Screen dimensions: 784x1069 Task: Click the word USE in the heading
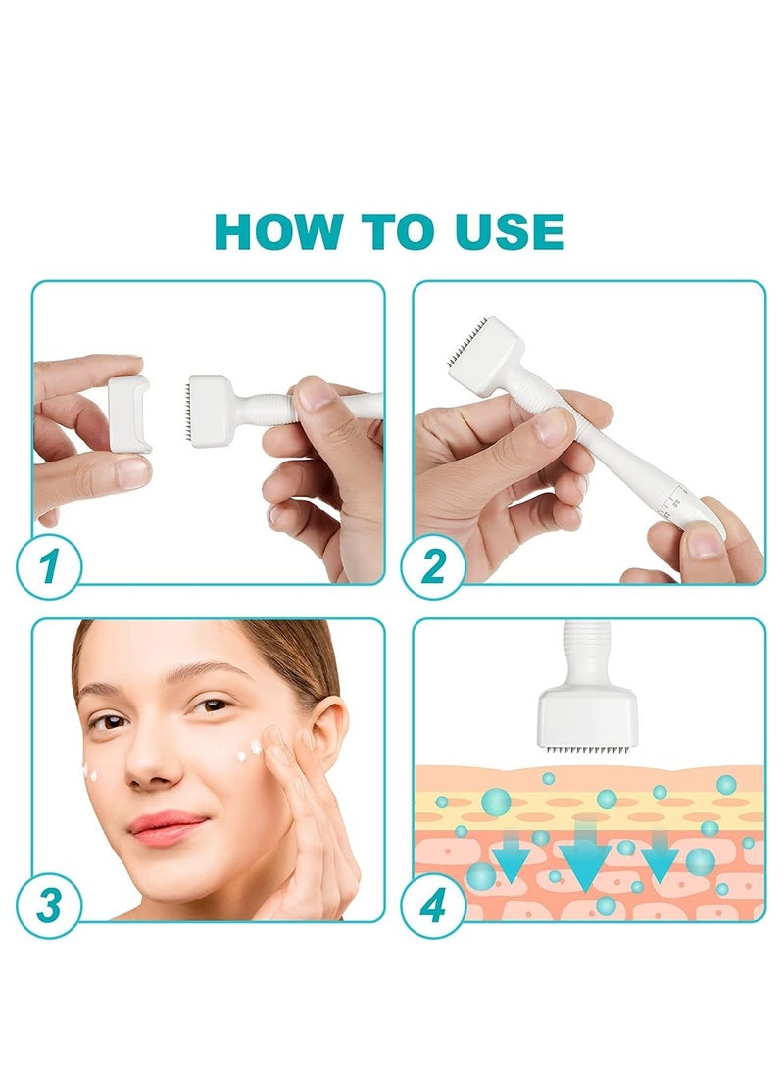point(509,232)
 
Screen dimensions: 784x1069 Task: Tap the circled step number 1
point(49,567)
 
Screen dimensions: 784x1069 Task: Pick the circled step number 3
point(49,905)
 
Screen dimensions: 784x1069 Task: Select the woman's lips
point(166,826)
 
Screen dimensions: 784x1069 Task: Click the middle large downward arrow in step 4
point(584,853)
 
